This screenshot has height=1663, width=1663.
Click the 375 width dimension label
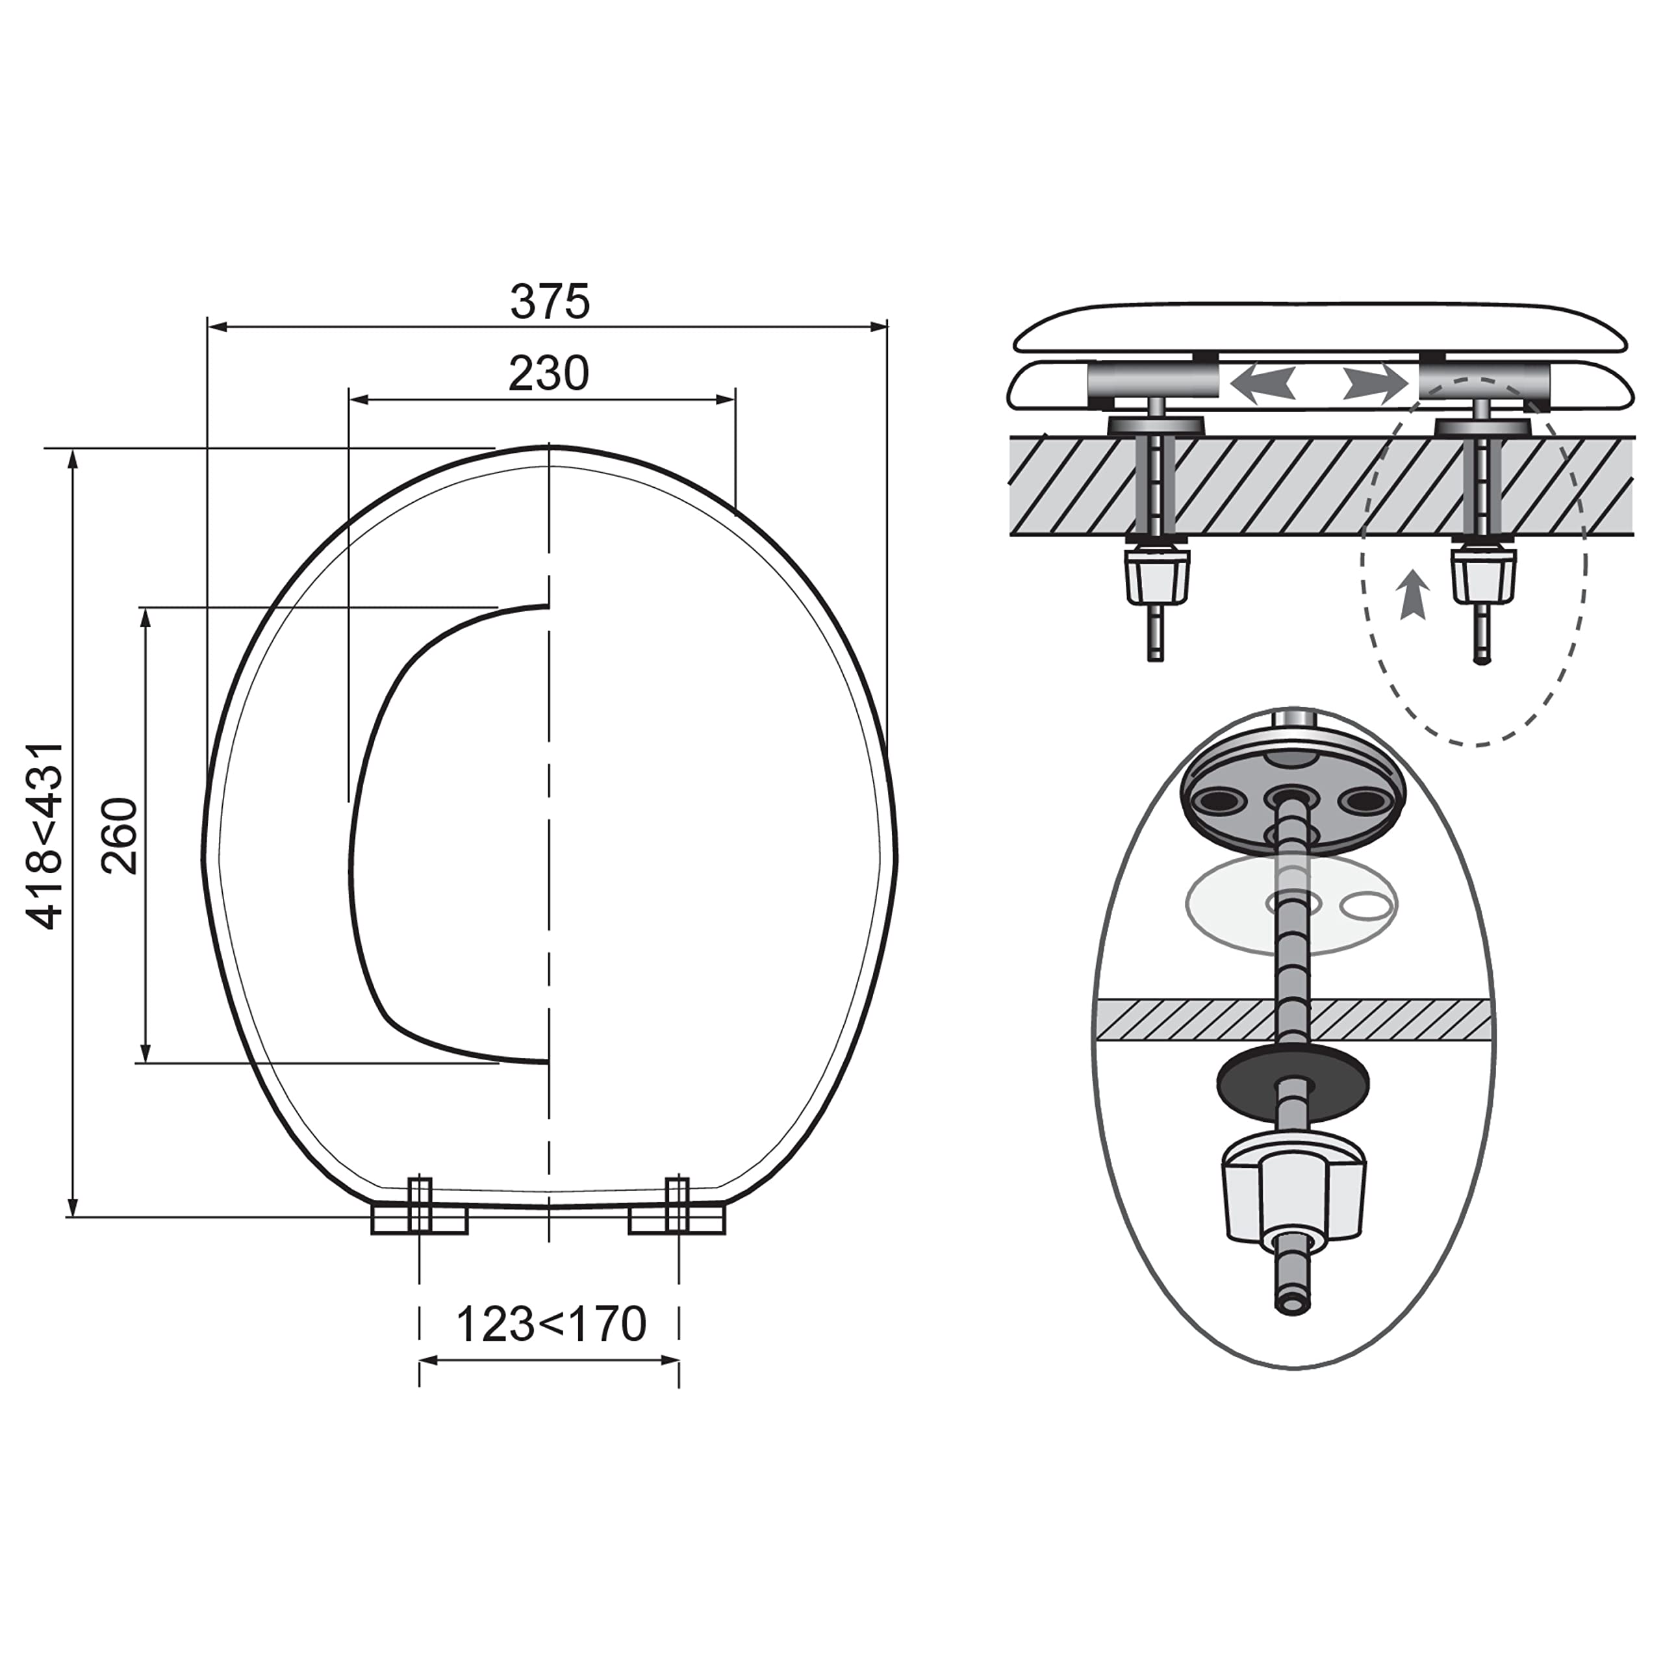pyautogui.click(x=550, y=301)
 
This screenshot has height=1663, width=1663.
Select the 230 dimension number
pyautogui.click(x=548, y=374)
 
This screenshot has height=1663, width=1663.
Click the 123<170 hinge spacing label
pyautogui.click(x=550, y=1325)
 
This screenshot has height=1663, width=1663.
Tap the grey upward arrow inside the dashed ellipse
pyautogui.click(x=1414, y=594)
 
